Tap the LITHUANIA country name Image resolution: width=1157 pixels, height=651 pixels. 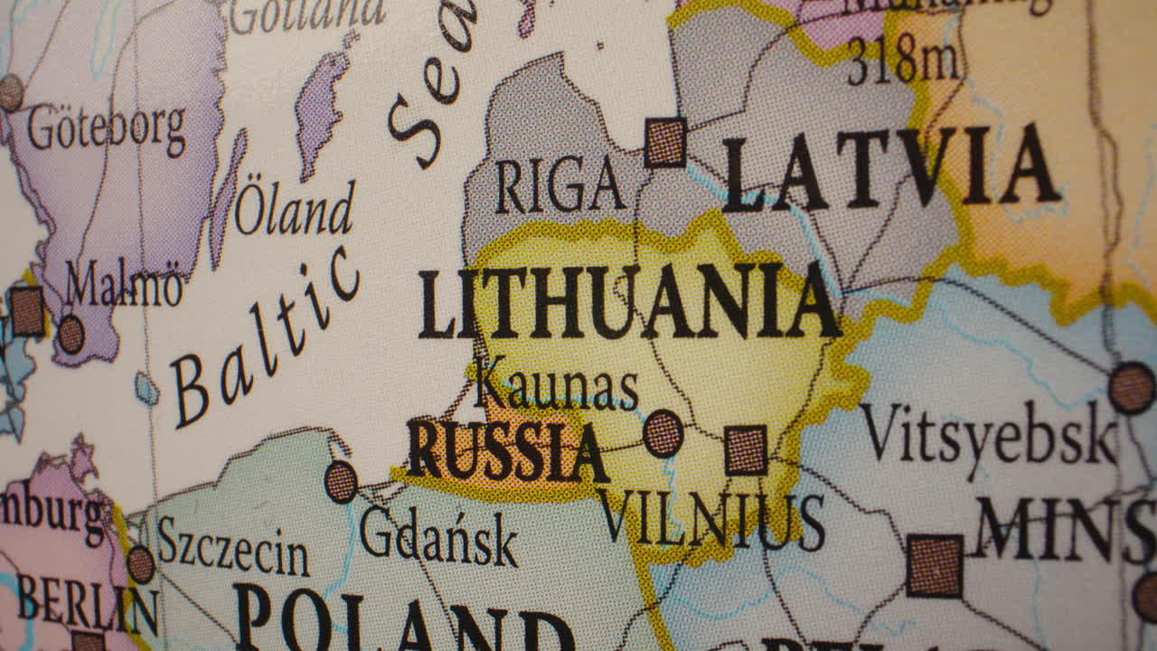[629, 303]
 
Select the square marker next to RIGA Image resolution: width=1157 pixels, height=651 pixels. [665, 142]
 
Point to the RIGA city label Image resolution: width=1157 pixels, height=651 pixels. [560, 184]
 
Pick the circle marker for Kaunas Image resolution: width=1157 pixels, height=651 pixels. [663, 433]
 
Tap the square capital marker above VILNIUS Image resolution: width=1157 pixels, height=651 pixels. [746, 449]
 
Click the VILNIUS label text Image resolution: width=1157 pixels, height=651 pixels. [711, 521]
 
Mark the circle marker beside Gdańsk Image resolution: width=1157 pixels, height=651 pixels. [341, 481]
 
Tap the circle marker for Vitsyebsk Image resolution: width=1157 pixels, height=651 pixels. [1132, 388]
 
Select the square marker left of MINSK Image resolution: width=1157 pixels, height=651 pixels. [934, 566]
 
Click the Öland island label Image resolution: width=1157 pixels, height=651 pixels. [295, 209]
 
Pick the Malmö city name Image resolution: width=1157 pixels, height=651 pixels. [124, 287]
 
